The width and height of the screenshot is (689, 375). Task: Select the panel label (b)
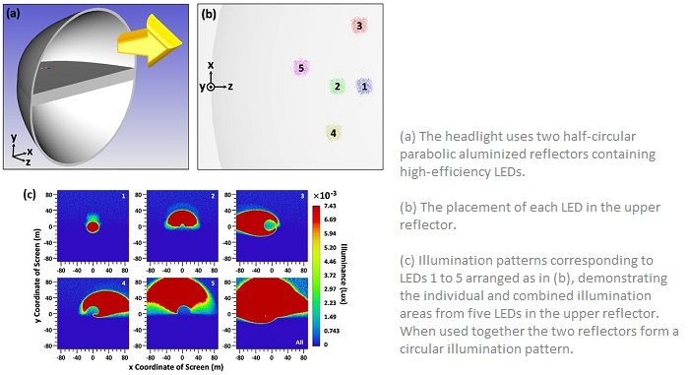209,15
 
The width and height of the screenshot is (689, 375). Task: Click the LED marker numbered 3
360,27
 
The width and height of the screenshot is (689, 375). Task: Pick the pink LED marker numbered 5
301,68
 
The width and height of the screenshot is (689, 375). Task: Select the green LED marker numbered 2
337,87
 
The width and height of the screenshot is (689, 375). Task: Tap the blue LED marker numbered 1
364,87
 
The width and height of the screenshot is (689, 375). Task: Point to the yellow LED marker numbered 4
334,132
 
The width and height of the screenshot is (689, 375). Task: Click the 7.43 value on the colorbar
331,202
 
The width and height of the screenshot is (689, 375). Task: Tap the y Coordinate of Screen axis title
35,270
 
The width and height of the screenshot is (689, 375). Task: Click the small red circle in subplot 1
93,227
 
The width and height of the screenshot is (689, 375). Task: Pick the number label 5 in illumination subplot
209,284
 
